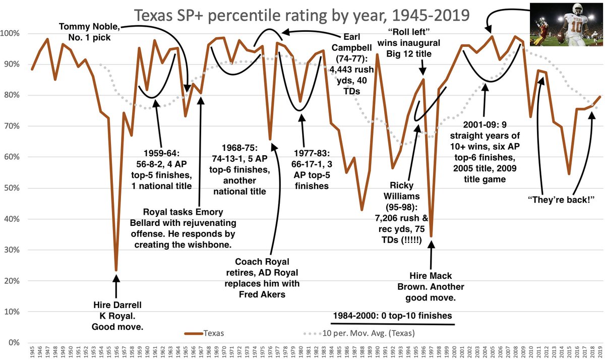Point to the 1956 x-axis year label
116,351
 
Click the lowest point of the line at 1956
116,270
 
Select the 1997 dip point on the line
431,236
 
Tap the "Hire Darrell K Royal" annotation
117,316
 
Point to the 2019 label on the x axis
599,351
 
